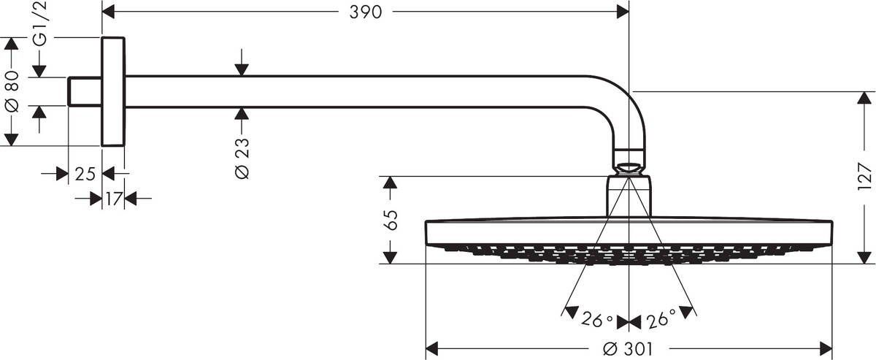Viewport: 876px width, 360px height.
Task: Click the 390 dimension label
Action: coord(365,12)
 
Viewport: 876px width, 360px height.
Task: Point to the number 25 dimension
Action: coord(85,174)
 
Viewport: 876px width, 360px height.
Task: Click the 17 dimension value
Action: coord(112,198)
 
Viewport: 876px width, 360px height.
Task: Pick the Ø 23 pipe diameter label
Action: coord(242,158)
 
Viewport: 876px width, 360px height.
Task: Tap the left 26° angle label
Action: coord(597,319)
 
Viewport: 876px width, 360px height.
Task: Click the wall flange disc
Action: coord(113,91)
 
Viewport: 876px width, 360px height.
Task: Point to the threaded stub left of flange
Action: coord(85,91)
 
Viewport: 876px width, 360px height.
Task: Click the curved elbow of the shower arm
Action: coord(621,102)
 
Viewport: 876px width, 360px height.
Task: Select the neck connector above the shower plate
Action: coord(629,196)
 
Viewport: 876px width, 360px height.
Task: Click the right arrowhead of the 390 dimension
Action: coord(623,12)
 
